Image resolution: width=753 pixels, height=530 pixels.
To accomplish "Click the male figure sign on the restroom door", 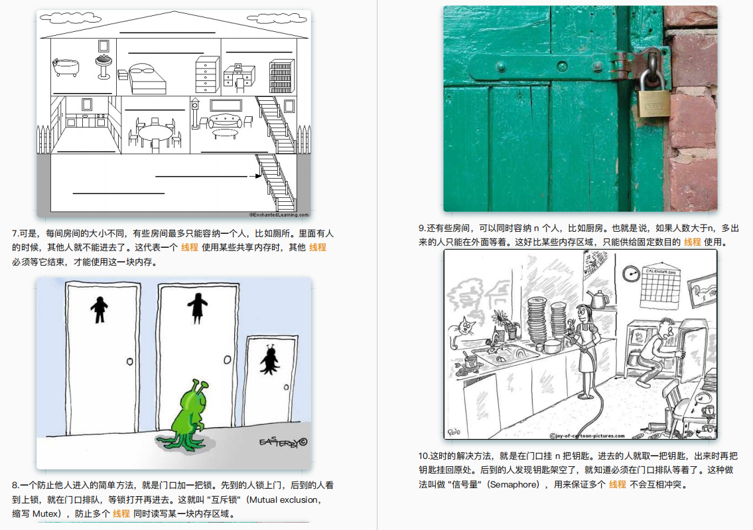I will tap(100, 309).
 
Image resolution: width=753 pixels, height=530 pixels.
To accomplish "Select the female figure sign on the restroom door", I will tap(198, 309).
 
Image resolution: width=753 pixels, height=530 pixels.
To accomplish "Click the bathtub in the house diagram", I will tap(66, 66).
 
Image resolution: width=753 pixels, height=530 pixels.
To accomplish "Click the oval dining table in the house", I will tap(155, 132).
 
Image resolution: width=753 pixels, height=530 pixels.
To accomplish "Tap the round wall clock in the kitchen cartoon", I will tap(630, 273).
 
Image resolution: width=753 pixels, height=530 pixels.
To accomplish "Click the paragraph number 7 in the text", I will tap(15, 234).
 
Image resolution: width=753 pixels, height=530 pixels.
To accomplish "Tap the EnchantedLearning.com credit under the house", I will tap(279, 215).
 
